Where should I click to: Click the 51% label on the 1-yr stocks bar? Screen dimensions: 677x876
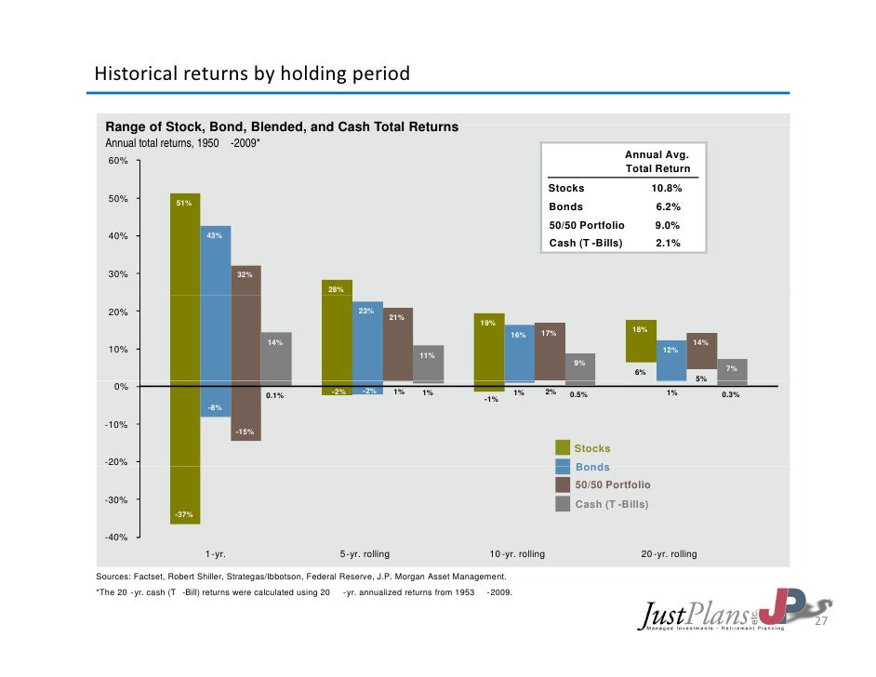[184, 203]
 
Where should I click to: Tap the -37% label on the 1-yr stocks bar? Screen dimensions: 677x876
[184, 514]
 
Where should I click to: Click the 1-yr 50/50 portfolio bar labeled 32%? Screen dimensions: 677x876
[246, 353]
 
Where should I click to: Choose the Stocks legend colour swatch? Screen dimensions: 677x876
[563, 448]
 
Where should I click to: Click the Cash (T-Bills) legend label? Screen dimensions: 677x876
[611, 504]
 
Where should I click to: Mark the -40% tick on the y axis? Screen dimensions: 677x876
[116, 538]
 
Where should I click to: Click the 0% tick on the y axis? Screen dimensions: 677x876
[122, 387]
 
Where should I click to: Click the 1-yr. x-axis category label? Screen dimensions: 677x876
[216, 554]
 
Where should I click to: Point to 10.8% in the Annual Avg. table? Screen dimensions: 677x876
[667, 188]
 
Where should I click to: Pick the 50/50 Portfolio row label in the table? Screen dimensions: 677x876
[587, 225]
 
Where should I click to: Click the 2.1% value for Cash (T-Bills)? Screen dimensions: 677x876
[667, 243]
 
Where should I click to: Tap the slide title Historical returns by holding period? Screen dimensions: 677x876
[252, 73]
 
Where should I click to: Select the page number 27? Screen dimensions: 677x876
[820, 622]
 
